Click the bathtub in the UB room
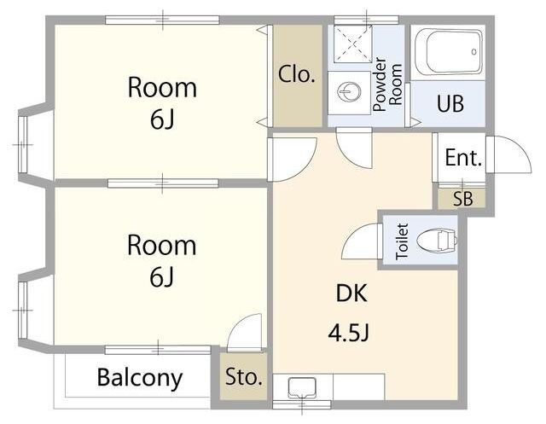[x=449, y=51]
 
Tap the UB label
[x=450, y=103]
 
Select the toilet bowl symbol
[x=437, y=240]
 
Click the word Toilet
[x=402, y=241]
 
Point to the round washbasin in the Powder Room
[x=349, y=92]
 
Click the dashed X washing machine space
[x=353, y=44]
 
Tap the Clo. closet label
[x=296, y=74]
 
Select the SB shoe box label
[x=462, y=199]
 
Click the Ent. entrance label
[x=463, y=158]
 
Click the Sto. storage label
[x=243, y=376]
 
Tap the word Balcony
[x=140, y=377]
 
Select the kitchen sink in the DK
[x=302, y=387]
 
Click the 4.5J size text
[x=348, y=333]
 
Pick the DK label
[x=351, y=293]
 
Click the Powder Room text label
[x=386, y=84]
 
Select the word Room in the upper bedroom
[x=162, y=87]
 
